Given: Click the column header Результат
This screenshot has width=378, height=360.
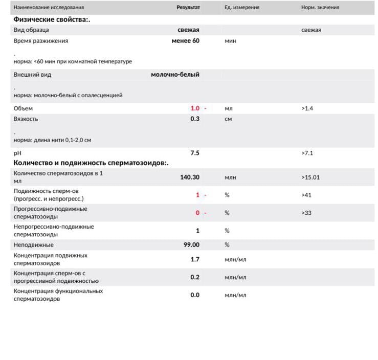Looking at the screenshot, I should click(x=188, y=8).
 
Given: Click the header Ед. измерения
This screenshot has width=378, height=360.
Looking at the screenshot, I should click(x=242, y=8).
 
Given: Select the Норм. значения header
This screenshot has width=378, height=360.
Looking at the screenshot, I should click(x=320, y=8).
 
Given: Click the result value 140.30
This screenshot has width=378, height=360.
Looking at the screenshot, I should click(x=189, y=177).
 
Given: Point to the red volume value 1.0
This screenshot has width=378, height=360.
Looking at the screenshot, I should click(x=195, y=108).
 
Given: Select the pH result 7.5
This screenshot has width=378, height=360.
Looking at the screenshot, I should click(x=195, y=153).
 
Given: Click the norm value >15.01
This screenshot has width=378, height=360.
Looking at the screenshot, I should click(x=311, y=177).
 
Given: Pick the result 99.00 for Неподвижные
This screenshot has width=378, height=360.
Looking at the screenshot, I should click(x=191, y=245).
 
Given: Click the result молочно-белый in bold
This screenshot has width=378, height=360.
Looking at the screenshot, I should click(x=175, y=75).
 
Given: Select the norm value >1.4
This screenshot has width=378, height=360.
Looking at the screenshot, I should click(x=307, y=108).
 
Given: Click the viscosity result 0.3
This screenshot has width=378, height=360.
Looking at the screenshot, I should click(x=195, y=119).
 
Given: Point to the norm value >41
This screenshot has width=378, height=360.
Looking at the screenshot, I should click(x=306, y=195).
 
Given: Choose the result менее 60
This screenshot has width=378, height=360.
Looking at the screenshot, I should click(x=185, y=41).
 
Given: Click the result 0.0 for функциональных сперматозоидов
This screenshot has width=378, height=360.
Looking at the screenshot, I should click(x=195, y=295).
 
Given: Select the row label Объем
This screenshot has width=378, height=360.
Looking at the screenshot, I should click(x=23, y=108).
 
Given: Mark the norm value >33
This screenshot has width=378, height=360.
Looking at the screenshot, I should click(x=306, y=213).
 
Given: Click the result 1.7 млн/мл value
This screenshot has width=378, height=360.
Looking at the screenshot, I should click(x=195, y=259).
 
